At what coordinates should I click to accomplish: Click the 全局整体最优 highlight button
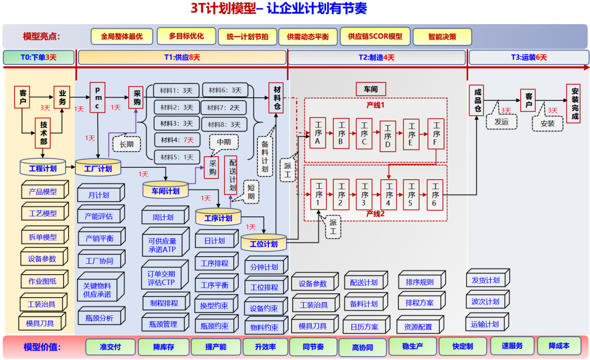point(121,36)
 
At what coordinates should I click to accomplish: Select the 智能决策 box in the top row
point(442,37)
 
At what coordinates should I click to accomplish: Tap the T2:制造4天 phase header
point(376,57)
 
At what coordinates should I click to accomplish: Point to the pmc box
point(97,97)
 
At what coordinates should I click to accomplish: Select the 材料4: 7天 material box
point(176,140)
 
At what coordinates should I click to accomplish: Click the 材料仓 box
point(277,97)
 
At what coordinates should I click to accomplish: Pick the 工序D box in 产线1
point(387,135)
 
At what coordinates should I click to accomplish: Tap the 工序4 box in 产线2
point(388,194)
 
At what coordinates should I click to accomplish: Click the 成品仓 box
point(477,100)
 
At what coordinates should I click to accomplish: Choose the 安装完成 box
point(575,104)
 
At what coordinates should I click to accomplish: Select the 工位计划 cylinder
point(263,243)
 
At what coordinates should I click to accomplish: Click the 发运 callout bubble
point(501,122)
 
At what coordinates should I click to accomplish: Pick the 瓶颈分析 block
point(99,317)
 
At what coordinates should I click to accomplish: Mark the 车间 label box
point(371,89)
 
